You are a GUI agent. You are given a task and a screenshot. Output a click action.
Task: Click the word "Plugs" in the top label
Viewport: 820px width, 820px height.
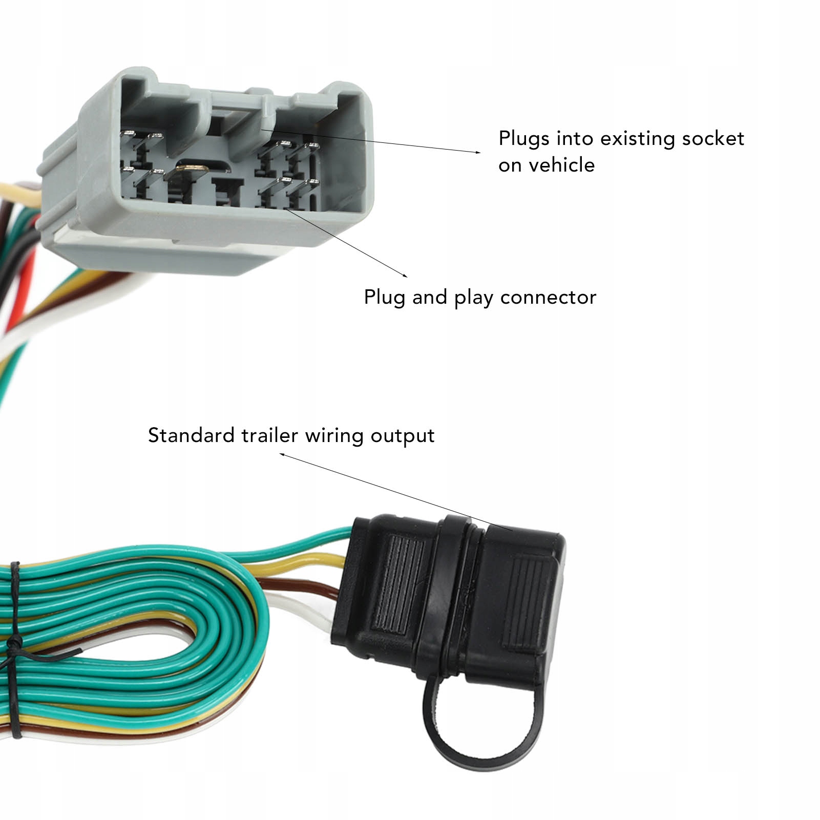(524, 139)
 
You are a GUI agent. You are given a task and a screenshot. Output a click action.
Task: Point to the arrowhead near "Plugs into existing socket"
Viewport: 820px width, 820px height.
(478, 152)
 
